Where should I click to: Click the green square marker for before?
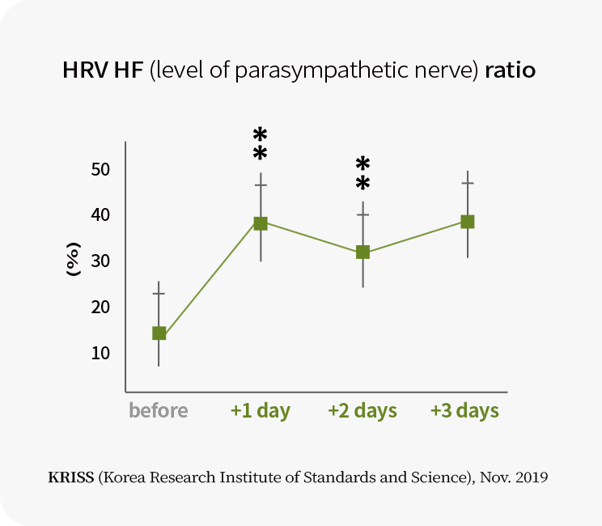pos(159,333)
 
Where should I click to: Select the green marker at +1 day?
pos(261,223)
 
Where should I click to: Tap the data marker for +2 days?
pos(363,252)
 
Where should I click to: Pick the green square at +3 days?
pos(467,222)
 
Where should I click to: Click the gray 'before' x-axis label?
pos(159,410)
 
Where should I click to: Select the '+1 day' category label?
pos(260,410)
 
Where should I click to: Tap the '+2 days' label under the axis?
pos(362,410)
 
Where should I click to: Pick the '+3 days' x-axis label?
pos(464,410)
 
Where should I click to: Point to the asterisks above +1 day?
pos(261,144)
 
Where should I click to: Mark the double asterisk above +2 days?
pos(363,173)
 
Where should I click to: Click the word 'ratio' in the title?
pos(511,70)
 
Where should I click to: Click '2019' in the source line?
pos(530,477)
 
